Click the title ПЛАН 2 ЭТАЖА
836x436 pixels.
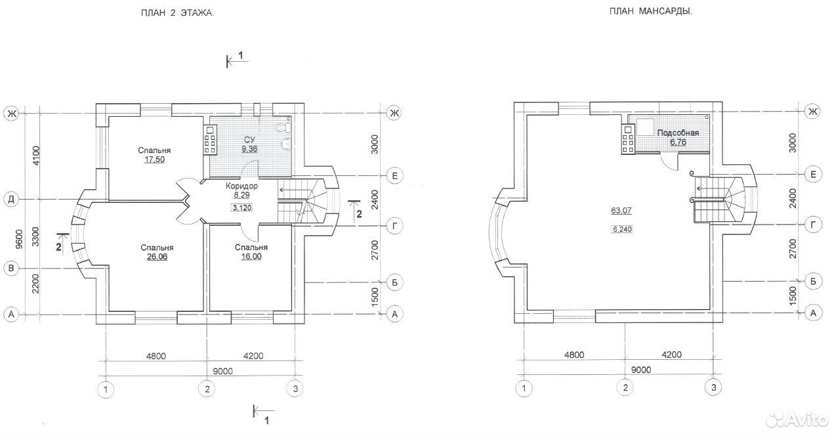tap(178, 13)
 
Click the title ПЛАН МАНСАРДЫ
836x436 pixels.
tap(651, 11)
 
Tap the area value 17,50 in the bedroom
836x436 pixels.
tap(154, 160)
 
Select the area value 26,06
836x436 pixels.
tap(157, 257)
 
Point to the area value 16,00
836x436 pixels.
tap(251, 257)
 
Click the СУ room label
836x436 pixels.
tap(249, 139)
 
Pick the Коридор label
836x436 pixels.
tap(242, 186)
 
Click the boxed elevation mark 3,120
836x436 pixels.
tap(242, 207)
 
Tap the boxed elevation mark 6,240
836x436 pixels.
tap(622, 229)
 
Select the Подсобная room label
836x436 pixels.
tap(678, 133)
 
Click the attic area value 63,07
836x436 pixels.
tap(621, 210)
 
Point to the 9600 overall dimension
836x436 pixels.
tap(19, 239)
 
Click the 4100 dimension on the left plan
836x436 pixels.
tap(35, 156)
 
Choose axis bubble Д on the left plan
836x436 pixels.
tap(11, 200)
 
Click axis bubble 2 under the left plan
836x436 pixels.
tap(207, 389)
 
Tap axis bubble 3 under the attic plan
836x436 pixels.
tap(713, 387)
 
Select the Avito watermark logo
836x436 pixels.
tap(797, 420)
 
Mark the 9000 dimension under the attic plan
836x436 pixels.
tap(641, 370)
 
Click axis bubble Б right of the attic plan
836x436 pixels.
tap(813, 281)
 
